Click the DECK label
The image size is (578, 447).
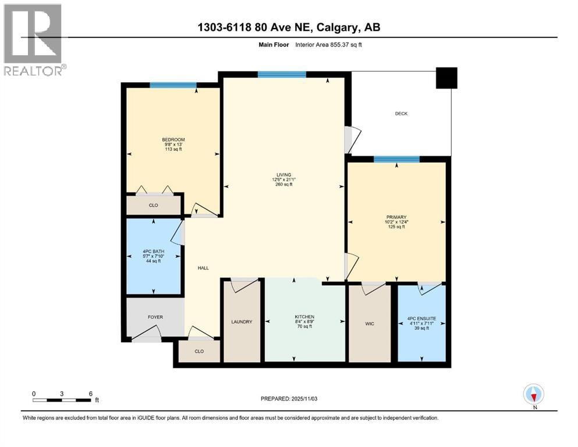tap(401, 113)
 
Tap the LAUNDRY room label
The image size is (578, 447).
tap(242, 322)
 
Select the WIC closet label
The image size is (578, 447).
tap(370, 324)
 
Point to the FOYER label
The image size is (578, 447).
tap(155, 317)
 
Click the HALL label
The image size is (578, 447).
tap(203, 268)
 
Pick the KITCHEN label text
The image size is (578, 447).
tap(304, 317)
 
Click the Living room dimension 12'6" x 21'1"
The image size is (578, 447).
tap(284, 179)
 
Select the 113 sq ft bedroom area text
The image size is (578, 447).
tap(173, 149)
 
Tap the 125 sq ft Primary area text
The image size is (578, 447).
tap(396, 226)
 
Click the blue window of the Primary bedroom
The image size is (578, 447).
tap(396, 159)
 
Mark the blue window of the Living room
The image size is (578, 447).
tap(282, 74)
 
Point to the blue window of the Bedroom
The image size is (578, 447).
tap(173, 85)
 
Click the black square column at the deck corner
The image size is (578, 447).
tap(446, 78)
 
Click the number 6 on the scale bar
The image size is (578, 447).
tap(91, 393)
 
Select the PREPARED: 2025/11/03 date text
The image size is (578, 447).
tap(289, 399)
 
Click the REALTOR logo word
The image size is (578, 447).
tap(33, 71)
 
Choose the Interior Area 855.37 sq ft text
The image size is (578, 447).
tap(328, 45)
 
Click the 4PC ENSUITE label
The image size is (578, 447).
tap(421, 318)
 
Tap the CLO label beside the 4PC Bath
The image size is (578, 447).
tap(153, 205)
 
